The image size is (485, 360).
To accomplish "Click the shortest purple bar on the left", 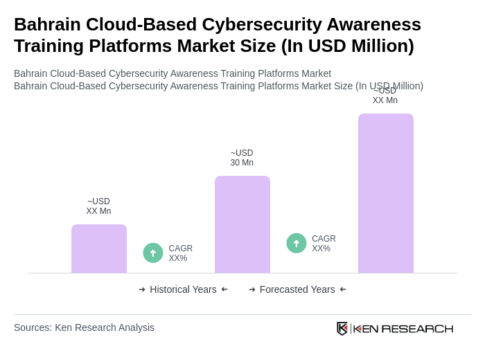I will pyautogui.click(x=99, y=249).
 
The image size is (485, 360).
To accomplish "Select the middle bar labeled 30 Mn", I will pyautogui.click(x=242, y=224).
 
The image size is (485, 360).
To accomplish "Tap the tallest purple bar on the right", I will pyautogui.click(x=386, y=193).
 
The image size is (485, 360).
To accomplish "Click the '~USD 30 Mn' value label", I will pyautogui.click(x=242, y=158).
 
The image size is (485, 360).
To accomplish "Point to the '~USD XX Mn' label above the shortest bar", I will pyautogui.click(x=98, y=206).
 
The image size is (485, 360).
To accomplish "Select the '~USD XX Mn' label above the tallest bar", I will pyautogui.click(x=385, y=96).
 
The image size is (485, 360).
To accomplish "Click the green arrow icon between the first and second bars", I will pyautogui.click(x=153, y=253).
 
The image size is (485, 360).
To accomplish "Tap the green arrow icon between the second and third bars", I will pyautogui.click(x=297, y=244).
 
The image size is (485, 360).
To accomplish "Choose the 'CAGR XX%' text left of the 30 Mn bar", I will pyautogui.click(x=180, y=253).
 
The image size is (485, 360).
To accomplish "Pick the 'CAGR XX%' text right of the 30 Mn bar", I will pyautogui.click(x=324, y=244).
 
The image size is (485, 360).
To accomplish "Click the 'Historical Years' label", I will pyautogui.click(x=183, y=289).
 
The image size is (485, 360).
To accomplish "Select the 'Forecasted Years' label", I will pyautogui.click(x=297, y=289).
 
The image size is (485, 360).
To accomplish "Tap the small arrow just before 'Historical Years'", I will pyautogui.click(x=142, y=289).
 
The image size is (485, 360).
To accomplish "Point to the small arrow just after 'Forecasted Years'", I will pyautogui.click(x=343, y=289).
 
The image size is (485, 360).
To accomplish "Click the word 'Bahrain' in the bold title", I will pyautogui.click(x=45, y=24).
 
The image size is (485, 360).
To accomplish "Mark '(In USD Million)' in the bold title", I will pyautogui.click(x=347, y=46).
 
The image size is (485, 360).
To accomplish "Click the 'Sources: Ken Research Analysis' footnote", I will pyautogui.click(x=84, y=327).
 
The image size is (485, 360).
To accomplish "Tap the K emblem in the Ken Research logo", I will pyautogui.click(x=342, y=328).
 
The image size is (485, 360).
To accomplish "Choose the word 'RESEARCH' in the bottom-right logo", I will pyautogui.click(x=417, y=328).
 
